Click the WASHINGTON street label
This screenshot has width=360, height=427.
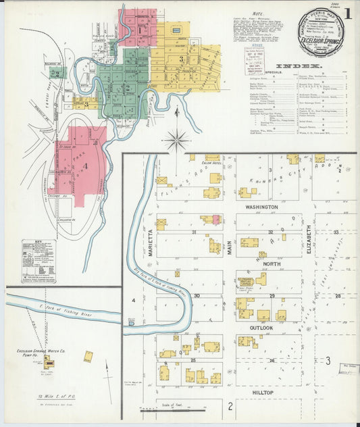click(261, 207)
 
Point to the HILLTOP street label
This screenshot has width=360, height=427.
click(261, 392)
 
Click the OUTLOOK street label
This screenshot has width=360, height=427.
click(261, 328)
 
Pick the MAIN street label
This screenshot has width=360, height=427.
click(230, 249)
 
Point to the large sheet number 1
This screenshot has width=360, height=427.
click(347, 13)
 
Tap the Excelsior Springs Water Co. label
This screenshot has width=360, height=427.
click(41, 352)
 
